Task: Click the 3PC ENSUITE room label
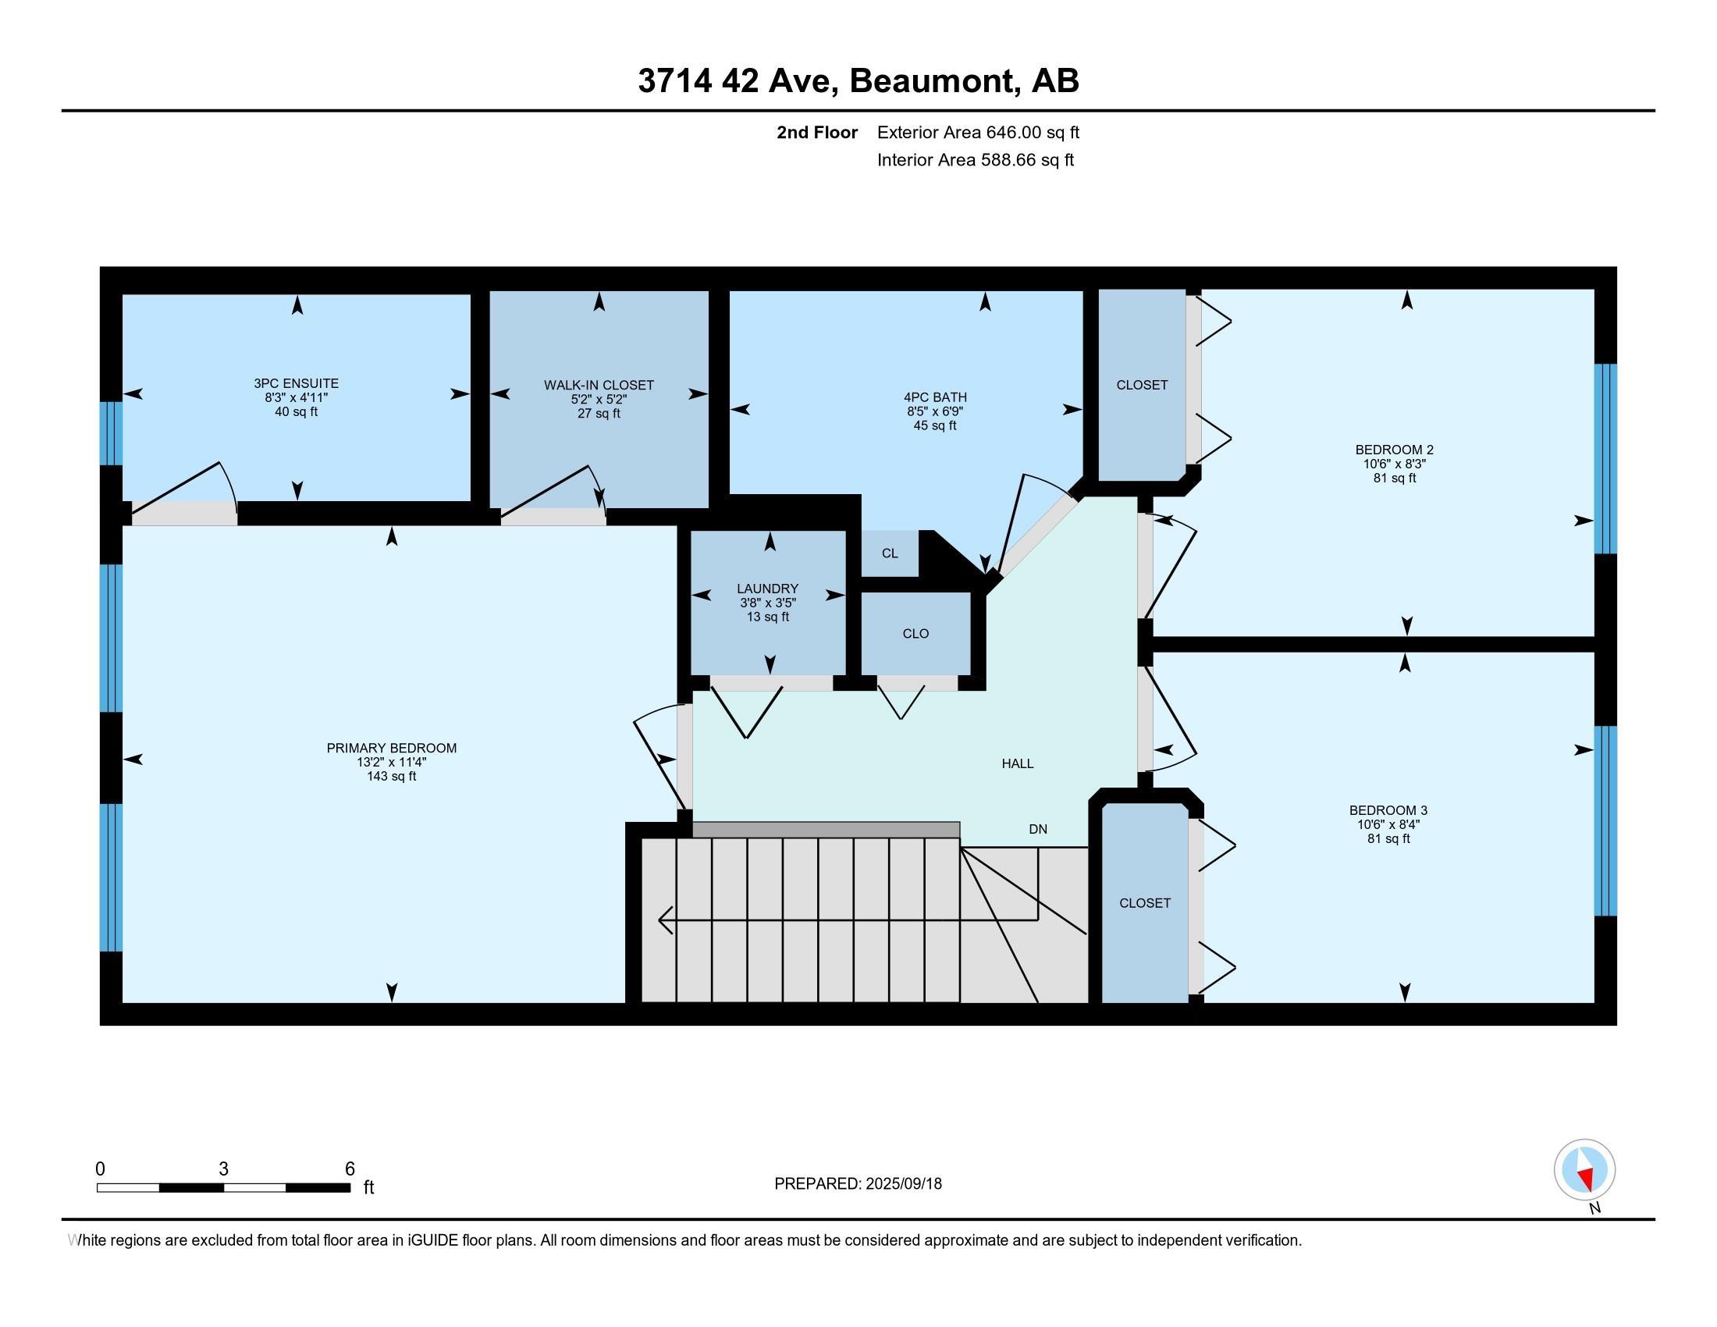297,383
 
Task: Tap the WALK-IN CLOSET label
599,385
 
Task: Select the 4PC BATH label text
936,398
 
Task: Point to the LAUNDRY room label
768,589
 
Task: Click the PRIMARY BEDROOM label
392,749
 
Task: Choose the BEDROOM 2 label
1395,450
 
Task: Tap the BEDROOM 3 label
1388,810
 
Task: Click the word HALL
1017,763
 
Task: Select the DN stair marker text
1038,829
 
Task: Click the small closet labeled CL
890,553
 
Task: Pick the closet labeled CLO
916,634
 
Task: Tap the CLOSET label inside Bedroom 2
1143,385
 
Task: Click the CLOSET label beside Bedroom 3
1146,903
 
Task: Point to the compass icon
1584,1170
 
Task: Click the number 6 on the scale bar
350,1169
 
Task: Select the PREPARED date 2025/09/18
902,1184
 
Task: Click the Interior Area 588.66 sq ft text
976,160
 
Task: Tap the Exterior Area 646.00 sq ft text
979,133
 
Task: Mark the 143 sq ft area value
392,777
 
